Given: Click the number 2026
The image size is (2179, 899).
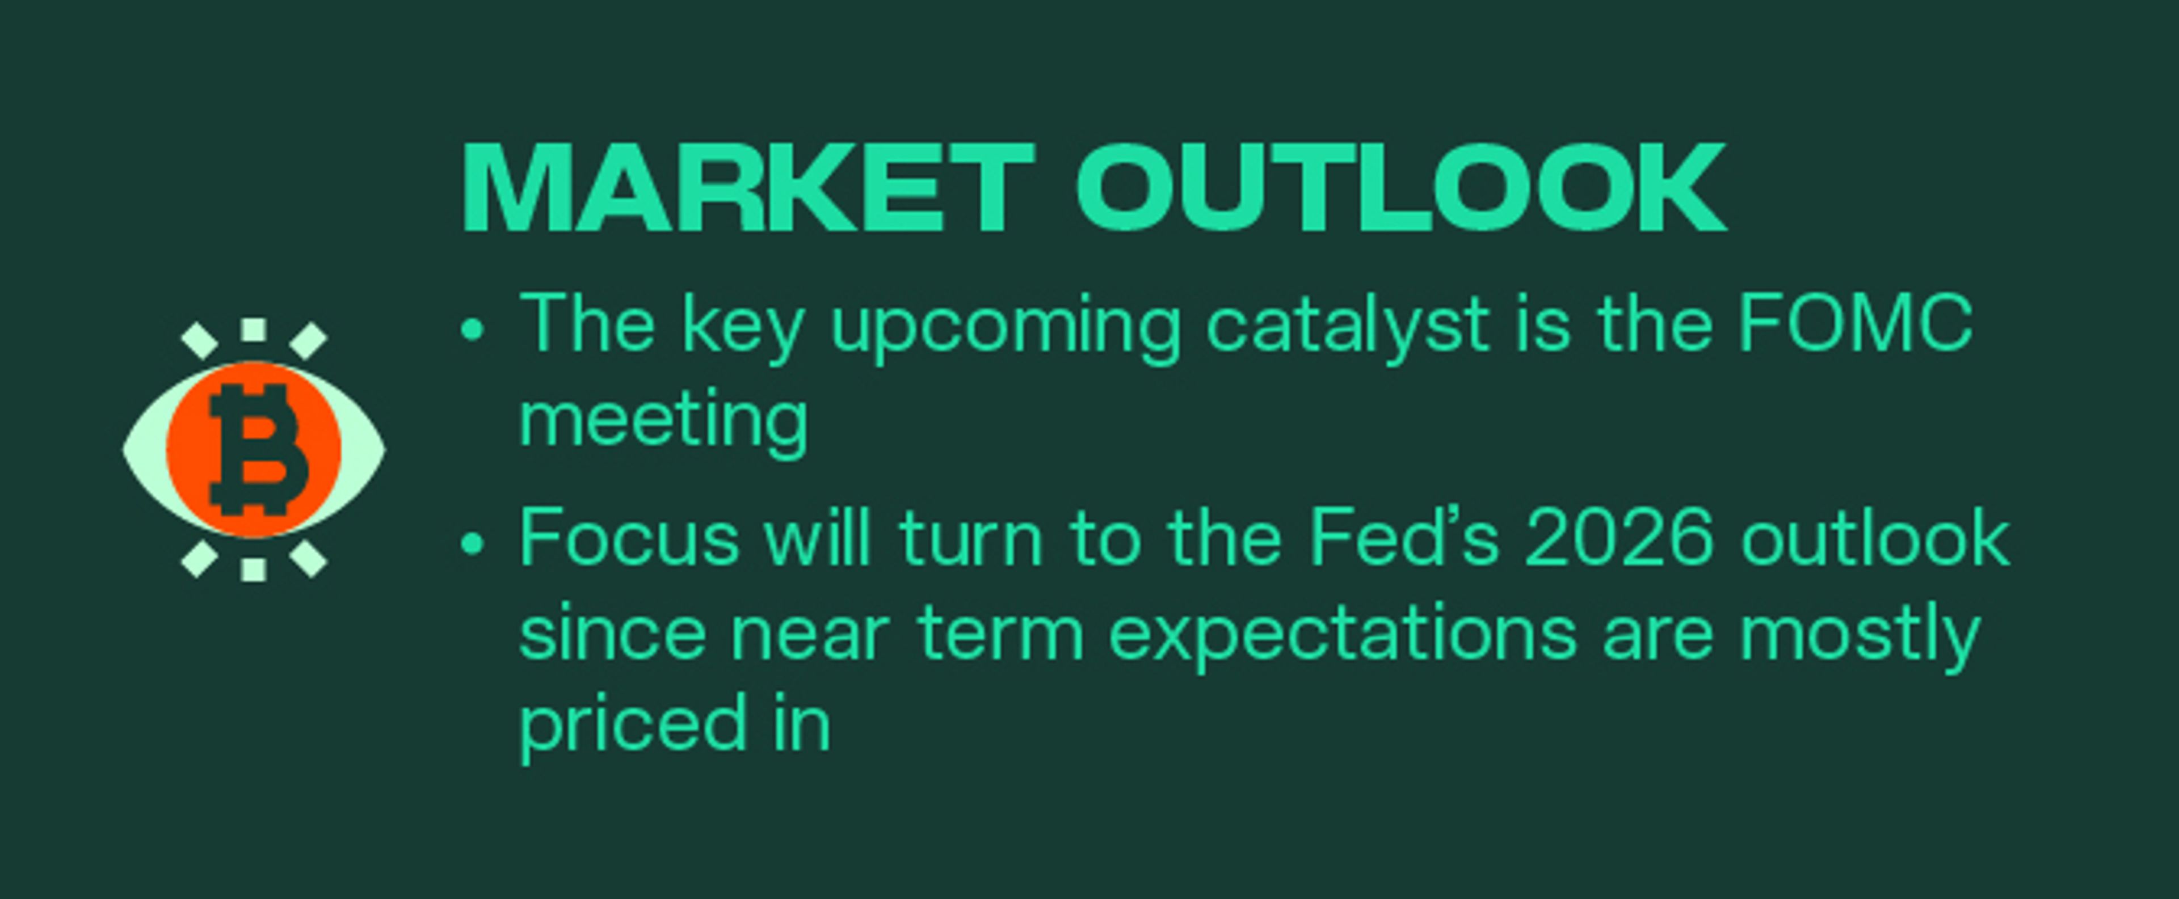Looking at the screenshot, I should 1619,539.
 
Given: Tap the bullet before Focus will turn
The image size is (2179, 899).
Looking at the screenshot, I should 473,544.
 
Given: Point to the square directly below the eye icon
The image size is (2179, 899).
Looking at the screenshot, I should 254,569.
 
